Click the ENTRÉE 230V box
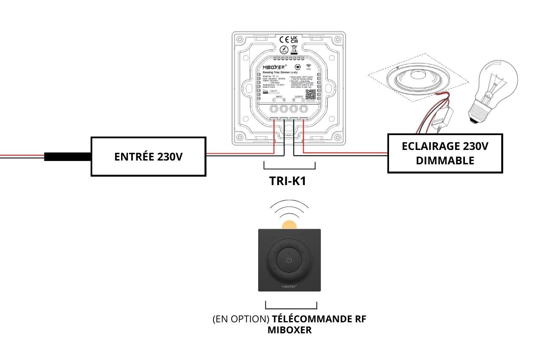[149, 156]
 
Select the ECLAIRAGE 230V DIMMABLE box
[445, 153]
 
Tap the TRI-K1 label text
[287, 181]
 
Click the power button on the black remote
[289, 260]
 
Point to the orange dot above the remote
[289, 225]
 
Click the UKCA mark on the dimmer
[294, 40]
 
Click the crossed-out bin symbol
[294, 50]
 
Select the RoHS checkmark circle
[284, 50]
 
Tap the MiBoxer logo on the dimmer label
[275, 67]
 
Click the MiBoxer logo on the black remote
[289, 286]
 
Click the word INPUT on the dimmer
[279, 97]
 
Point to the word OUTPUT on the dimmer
[299, 97]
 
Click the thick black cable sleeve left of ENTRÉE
[68, 156]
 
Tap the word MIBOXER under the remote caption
[289, 330]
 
